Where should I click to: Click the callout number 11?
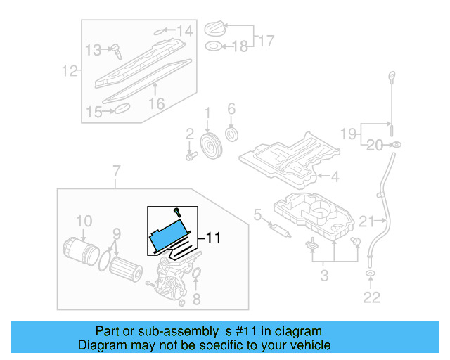(x=213, y=238)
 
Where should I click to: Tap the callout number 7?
(x=116, y=171)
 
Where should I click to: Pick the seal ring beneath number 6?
(x=231, y=134)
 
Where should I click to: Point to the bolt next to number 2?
(x=190, y=154)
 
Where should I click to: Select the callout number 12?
(x=69, y=70)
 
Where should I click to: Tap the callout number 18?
(x=240, y=46)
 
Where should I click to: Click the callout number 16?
(x=155, y=103)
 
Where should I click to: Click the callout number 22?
(x=371, y=297)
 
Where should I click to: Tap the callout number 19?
(x=349, y=133)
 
